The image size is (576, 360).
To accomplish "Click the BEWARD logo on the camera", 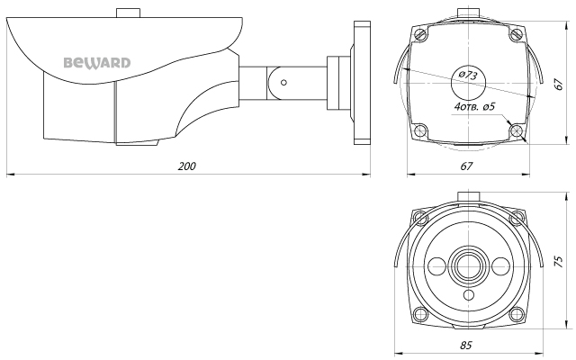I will coord(97,63).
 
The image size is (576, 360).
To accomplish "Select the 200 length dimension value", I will coord(187,166).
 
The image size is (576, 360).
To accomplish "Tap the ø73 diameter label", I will coord(468,76).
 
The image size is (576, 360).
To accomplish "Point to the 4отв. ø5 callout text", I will coord(477,106).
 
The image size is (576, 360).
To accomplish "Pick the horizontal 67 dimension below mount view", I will coord(466,166).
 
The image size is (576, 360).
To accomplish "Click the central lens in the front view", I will coord(466,265).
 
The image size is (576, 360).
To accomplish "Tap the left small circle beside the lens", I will coord(436,265).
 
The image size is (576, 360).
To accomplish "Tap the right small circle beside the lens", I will coord(497,265).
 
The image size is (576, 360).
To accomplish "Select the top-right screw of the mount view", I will coord(515,33).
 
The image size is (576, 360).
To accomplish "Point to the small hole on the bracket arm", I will coord(283,81).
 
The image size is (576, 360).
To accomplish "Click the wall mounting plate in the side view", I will coord(362,83).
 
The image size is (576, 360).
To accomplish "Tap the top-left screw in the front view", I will coord(419,218).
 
